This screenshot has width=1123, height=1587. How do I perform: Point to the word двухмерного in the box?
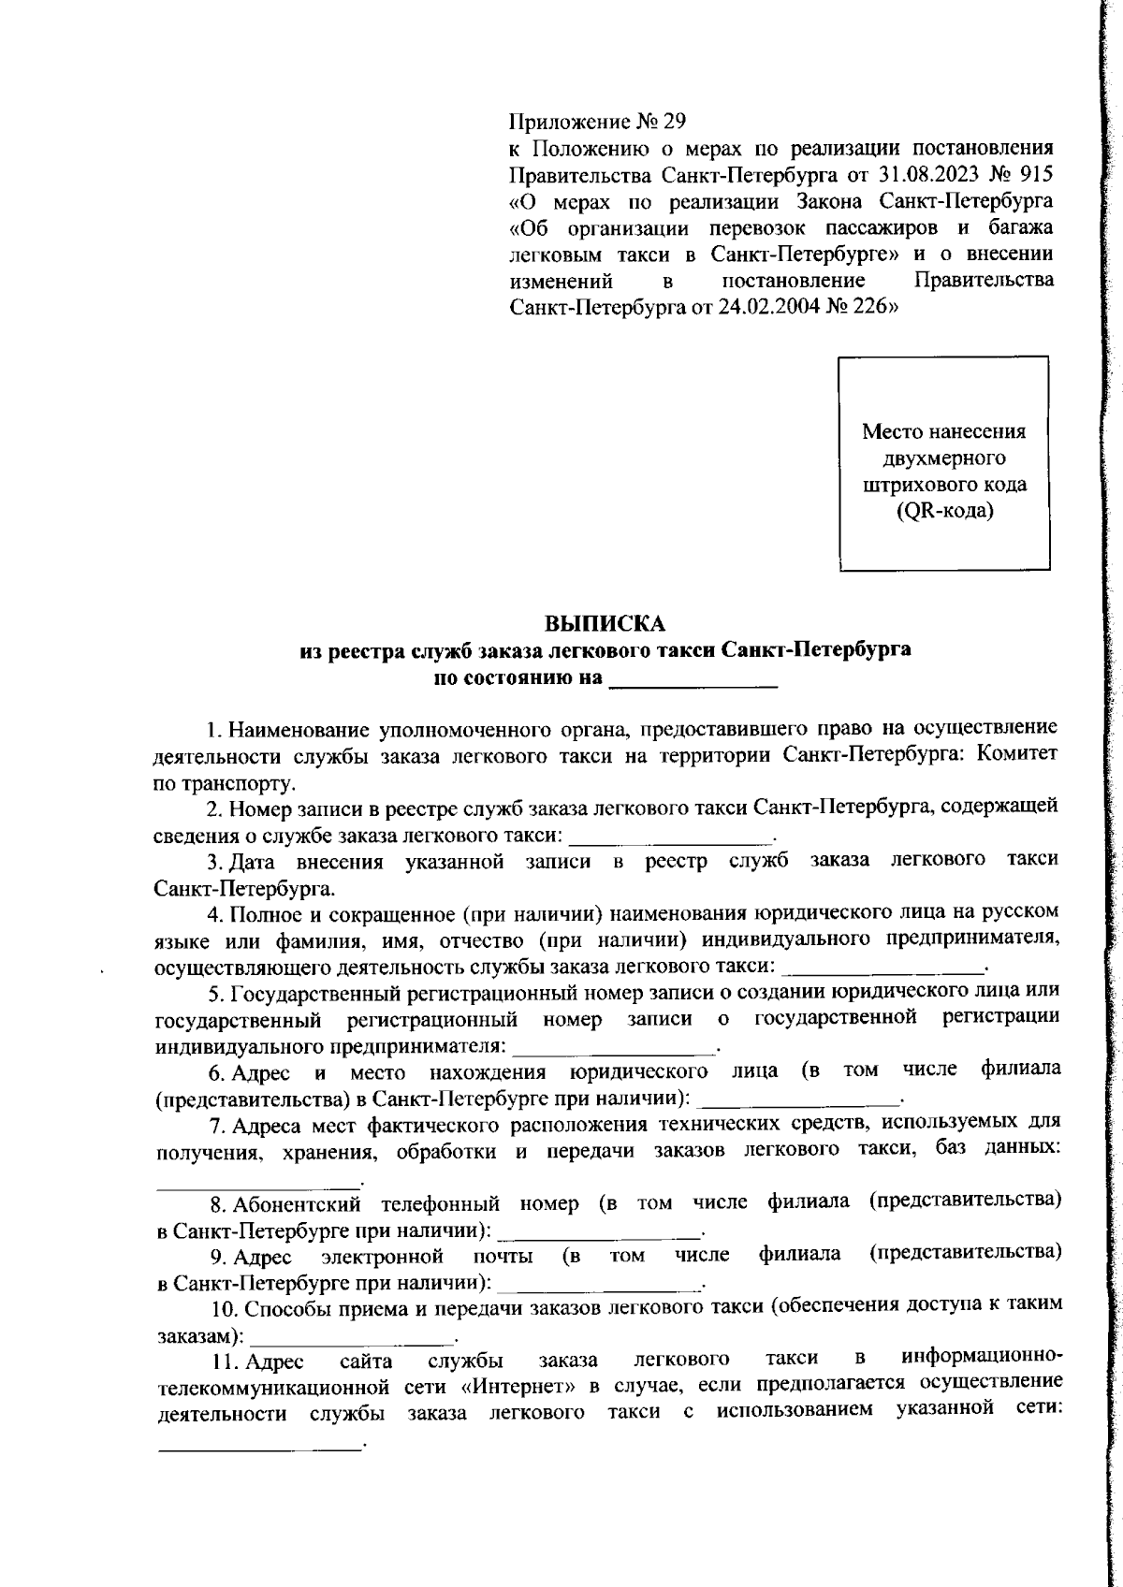point(943,459)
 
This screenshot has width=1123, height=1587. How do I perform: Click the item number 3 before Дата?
point(212,861)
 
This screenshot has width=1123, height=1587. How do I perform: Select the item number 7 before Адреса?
point(212,1126)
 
